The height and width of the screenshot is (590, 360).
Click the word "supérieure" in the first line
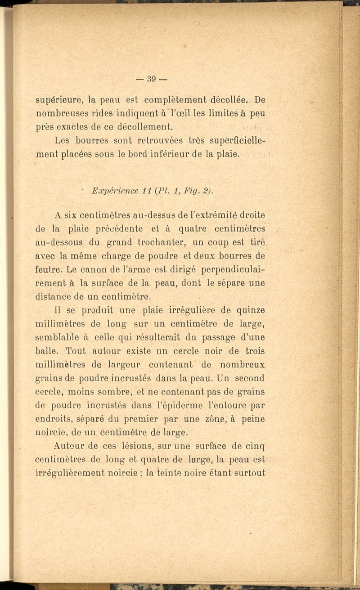tap(58, 100)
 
